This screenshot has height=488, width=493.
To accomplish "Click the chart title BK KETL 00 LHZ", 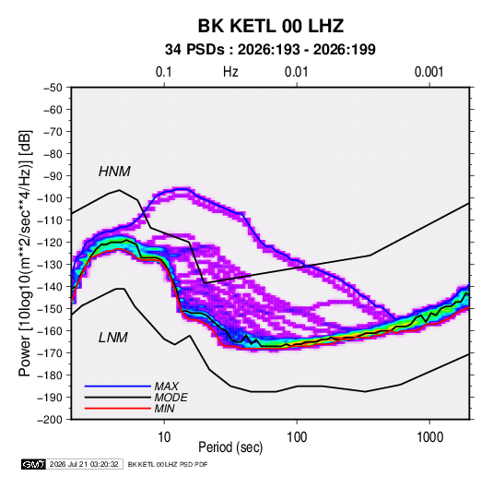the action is [x=271, y=26].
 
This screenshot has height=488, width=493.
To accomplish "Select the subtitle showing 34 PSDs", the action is [x=270, y=50].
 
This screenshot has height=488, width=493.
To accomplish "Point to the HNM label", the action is [x=114, y=172].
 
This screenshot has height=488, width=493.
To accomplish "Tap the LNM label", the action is [x=113, y=338].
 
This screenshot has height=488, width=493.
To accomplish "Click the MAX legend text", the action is [x=167, y=387].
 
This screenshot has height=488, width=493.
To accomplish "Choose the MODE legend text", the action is [x=171, y=398].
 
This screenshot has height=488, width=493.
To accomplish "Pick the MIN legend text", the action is [x=164, y=409].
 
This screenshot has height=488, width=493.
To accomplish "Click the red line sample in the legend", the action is [x=118, y=409].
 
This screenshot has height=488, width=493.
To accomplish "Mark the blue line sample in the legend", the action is [x=118, y=387].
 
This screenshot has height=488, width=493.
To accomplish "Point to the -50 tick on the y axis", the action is [x=53, y=88].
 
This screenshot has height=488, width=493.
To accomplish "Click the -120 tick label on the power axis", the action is [x=50, y=243].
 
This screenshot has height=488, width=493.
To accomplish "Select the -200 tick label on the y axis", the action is [x=50, y=420].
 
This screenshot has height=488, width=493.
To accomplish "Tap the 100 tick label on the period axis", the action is [x=297, y=437].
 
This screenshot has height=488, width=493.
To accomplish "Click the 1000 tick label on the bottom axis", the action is [x=429, y=437].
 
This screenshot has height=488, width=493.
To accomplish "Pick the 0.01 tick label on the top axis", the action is [x=296, y=72].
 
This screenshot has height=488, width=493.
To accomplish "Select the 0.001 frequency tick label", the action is [x=428, y=72].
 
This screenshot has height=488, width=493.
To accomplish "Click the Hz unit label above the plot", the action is [x=230, y=72].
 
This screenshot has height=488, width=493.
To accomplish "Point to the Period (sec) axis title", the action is [x=230, y=447].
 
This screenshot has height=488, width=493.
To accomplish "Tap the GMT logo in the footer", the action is [x=34, y=464].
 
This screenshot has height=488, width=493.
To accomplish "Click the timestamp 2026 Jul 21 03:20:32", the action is [x=84, y=464].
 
